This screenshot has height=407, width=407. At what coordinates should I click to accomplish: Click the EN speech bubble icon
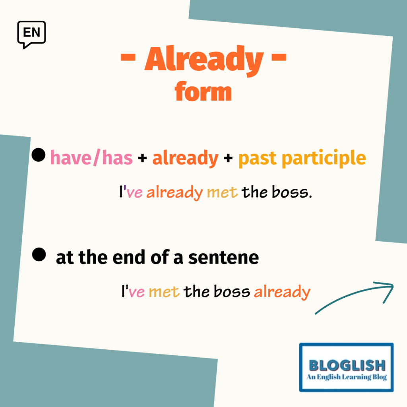[31, 34]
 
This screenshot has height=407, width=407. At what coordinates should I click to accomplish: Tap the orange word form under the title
[203, 91]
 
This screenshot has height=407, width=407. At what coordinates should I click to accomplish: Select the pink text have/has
[91, 158]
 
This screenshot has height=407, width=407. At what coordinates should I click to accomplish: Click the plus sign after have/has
[143, 158]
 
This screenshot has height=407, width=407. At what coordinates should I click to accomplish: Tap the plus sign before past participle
[228, 158]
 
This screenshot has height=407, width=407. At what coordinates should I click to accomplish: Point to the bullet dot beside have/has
[39, 155]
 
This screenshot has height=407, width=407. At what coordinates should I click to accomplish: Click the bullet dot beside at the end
[39, 254]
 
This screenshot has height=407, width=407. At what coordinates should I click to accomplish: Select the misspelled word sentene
[223, 258]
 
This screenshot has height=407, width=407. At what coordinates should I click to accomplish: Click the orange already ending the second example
[282, 292]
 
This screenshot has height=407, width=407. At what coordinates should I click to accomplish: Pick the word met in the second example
[164, 292]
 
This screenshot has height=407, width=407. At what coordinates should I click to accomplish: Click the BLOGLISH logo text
[347, 366]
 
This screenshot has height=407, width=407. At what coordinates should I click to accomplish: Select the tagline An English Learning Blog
[347, 377]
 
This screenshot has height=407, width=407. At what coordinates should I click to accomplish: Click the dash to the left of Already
[128, 57]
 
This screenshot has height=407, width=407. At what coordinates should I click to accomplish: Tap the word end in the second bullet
[128, 257]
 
